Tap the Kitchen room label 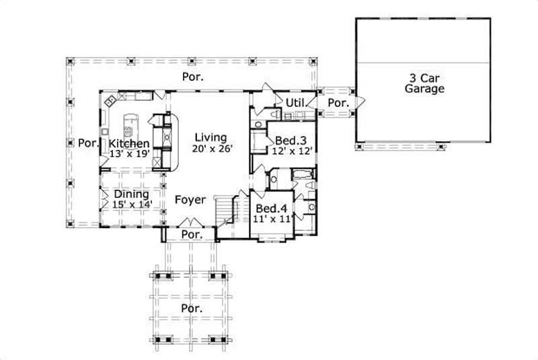128,143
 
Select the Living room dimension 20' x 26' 212,149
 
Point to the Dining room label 131,194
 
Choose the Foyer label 190,200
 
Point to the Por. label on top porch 193,77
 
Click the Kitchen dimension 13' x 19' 128,153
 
